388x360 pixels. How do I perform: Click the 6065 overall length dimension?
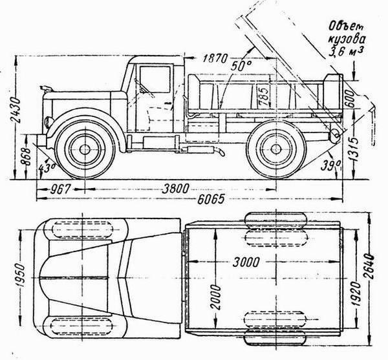pos(211,199)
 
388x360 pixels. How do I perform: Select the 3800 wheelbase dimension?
pos(175,189)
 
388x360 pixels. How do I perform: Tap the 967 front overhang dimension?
pos(60,189)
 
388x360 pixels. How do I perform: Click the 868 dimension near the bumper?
pos(25,156)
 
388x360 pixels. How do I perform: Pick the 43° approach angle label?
pos(47,168)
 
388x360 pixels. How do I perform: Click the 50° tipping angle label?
pos(241,66)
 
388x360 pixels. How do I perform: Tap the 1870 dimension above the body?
pos(215,59)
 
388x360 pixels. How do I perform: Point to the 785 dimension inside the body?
pos(263,96)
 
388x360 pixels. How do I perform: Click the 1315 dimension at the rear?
pos(354,149)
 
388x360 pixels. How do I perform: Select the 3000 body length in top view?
pos(246,262)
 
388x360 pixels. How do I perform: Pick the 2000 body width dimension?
pos(215,297)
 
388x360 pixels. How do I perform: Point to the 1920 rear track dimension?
pos(356,293)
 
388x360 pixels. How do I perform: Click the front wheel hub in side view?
pos(85,149)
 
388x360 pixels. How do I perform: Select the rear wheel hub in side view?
pos(275,149)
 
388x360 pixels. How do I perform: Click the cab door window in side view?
pos(155,79)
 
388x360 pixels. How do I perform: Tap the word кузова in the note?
pos(347,40)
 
